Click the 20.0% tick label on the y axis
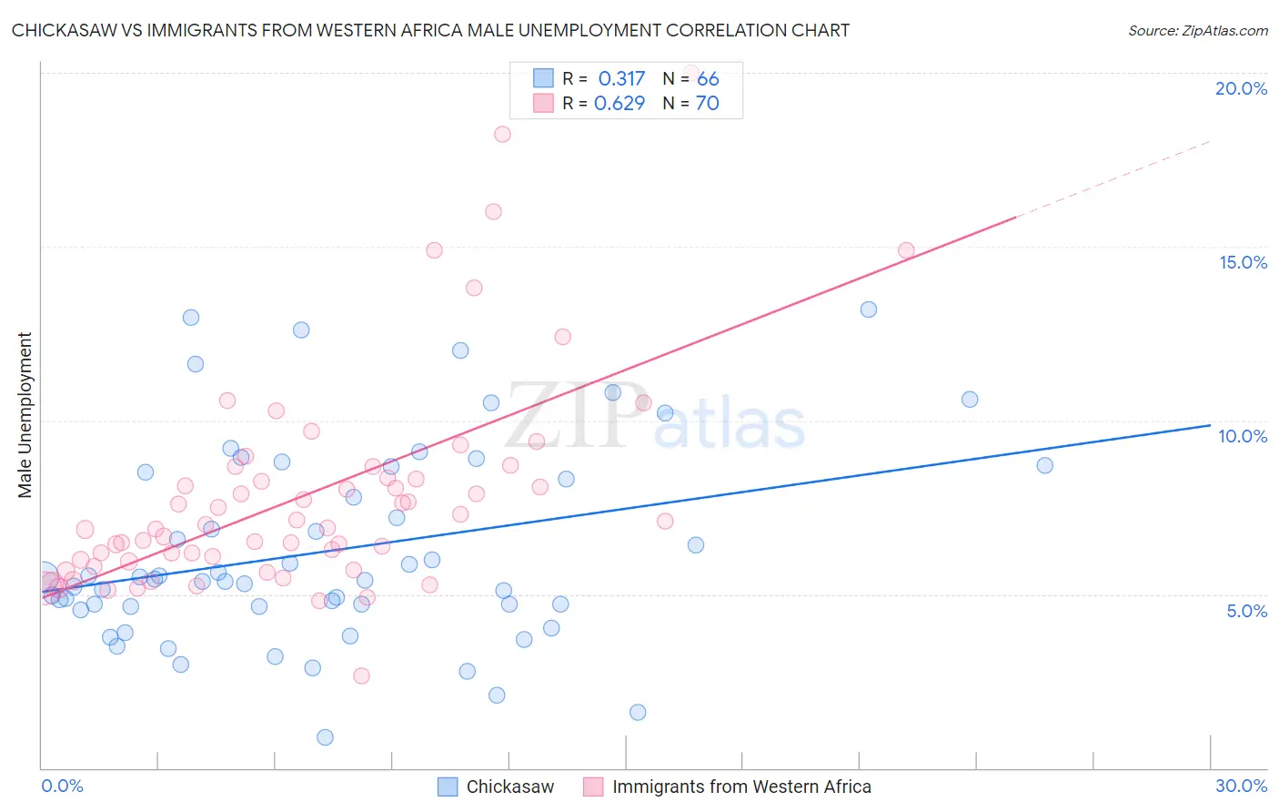1241,88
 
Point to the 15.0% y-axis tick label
1243,262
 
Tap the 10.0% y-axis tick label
1243,436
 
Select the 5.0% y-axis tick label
1246,611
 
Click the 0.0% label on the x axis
62,786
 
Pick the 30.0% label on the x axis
1241,786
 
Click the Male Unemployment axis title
25,415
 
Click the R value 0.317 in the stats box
621,78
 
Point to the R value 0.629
619,103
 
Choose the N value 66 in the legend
708,78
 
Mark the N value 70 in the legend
708,103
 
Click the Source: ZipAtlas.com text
1197,30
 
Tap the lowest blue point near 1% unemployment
325,737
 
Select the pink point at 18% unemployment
502,134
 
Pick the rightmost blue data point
1044,465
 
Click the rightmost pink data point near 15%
906,250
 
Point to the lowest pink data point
361,675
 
